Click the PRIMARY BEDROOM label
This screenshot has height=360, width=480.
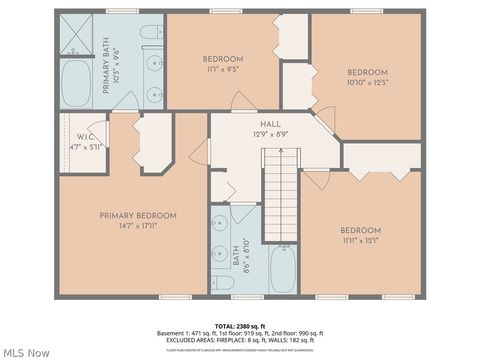click(x=138, y=216)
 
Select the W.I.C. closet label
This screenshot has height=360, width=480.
click(x=85, y=137)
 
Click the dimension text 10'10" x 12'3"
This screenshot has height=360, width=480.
click(x=367, y=82)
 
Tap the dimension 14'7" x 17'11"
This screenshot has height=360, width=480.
click(x=138, y=226)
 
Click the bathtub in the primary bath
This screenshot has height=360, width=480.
click(x=76, y=84)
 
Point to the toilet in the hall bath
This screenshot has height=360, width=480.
click(x=224, y=284)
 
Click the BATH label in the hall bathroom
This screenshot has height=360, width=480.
click(x=237, y=258)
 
